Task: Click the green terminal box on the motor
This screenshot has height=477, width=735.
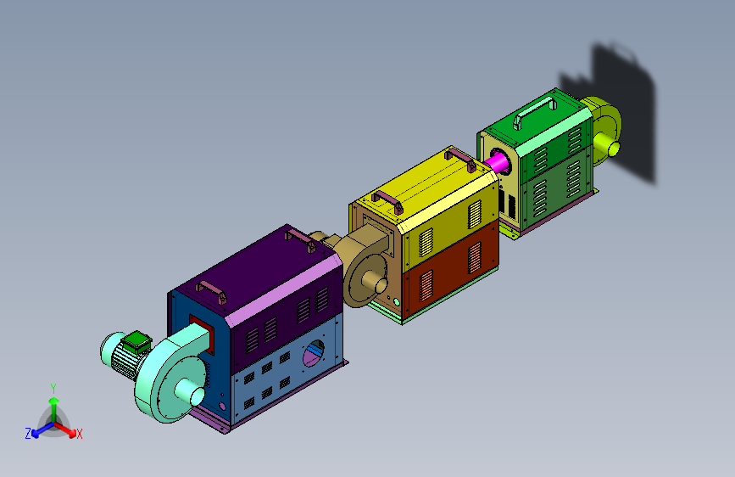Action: pyautogui.click(x=136, y=341)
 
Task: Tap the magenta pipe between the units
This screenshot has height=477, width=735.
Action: pyautogui.click(x=497, y=162)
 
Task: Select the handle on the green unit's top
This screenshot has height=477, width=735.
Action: pyautogui.click(x=534, y=111)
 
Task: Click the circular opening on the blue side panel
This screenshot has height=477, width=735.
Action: pyautogui.click(x=314, y=354)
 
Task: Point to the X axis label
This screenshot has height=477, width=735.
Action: pyautogui.click(x=79, y=434)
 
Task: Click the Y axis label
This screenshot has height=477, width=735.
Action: pyautogui.click(x=53, y=389)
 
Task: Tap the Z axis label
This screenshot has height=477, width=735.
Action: pyautogui.click(x=28, y=434)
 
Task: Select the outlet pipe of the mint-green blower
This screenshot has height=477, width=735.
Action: pyautogui.click(x=190, y=392)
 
